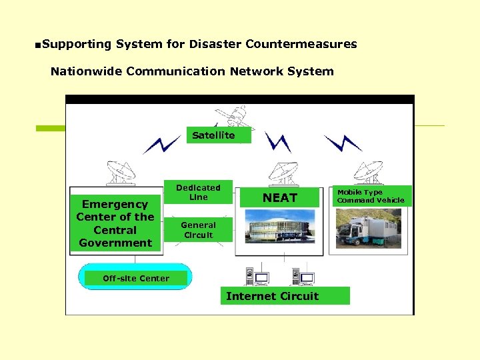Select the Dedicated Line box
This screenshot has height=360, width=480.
click(x=198, y=192)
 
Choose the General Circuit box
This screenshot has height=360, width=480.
click(x=198, y=230)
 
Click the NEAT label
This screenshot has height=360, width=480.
click(x=279, y=198)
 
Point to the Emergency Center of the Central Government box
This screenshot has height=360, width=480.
click(x=115, y=223)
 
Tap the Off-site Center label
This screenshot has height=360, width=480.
click(x=136, y=278)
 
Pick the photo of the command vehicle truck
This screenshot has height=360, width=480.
click(x=368, y=228)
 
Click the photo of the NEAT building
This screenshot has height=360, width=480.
click(x=281, y=226)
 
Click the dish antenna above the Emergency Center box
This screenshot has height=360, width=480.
click(x=120, y=173)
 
